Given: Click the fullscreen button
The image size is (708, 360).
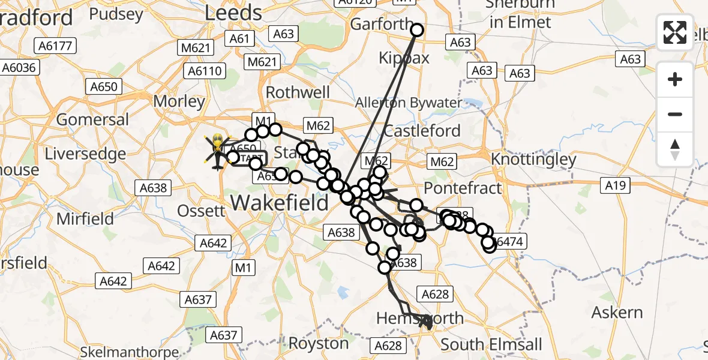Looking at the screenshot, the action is (675, 32).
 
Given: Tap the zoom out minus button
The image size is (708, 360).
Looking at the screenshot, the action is (675, 114).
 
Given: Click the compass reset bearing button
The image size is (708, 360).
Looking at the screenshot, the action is (675, 149).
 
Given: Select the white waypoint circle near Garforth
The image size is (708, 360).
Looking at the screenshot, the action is (416, 30).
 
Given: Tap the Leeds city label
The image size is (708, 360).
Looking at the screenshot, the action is (233, 13).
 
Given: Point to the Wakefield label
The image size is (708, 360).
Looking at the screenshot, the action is (280, 202).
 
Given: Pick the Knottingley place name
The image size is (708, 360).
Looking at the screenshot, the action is (533, 160).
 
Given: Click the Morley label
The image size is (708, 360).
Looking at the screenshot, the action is (179, 101).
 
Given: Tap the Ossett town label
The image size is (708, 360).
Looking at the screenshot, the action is (202, 211).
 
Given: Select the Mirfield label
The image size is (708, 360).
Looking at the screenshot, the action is (85, 218).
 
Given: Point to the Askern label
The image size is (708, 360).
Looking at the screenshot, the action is (617, 313).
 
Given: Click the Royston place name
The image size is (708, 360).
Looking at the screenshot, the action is (319, 344).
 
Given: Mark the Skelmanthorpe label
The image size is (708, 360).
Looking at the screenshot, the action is (129, 352).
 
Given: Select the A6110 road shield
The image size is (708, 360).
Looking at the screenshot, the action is (205, 71).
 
